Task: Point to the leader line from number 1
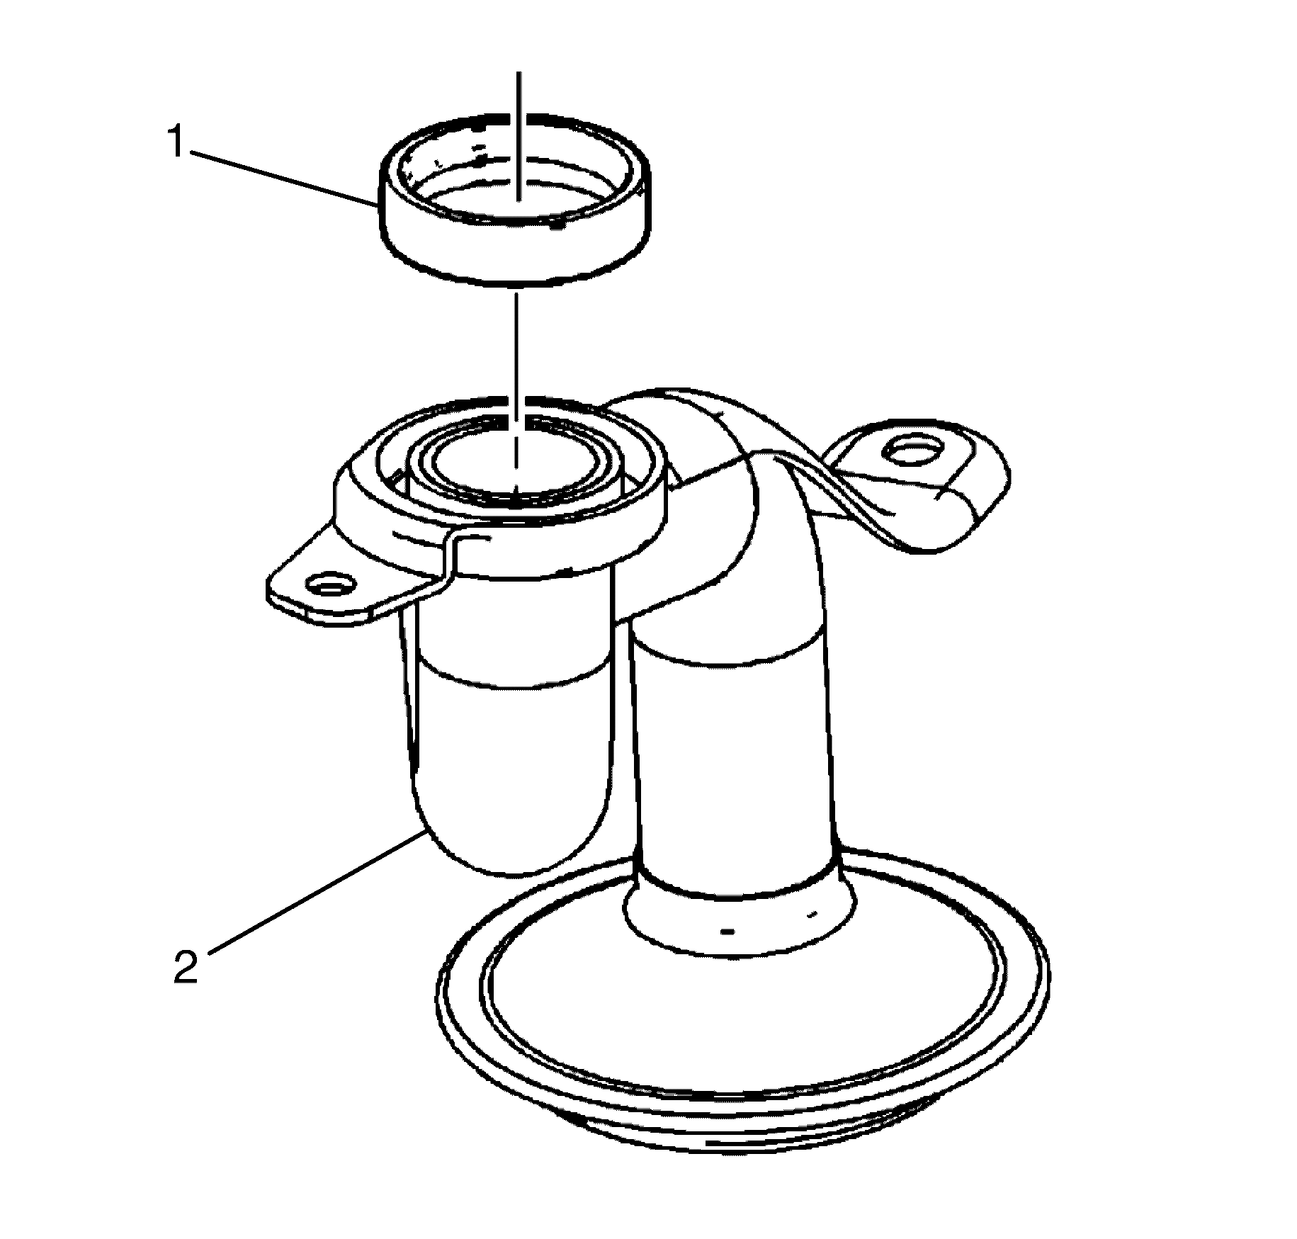[283, 178]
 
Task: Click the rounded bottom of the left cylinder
[510, 836]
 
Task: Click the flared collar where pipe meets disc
[740, 914]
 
